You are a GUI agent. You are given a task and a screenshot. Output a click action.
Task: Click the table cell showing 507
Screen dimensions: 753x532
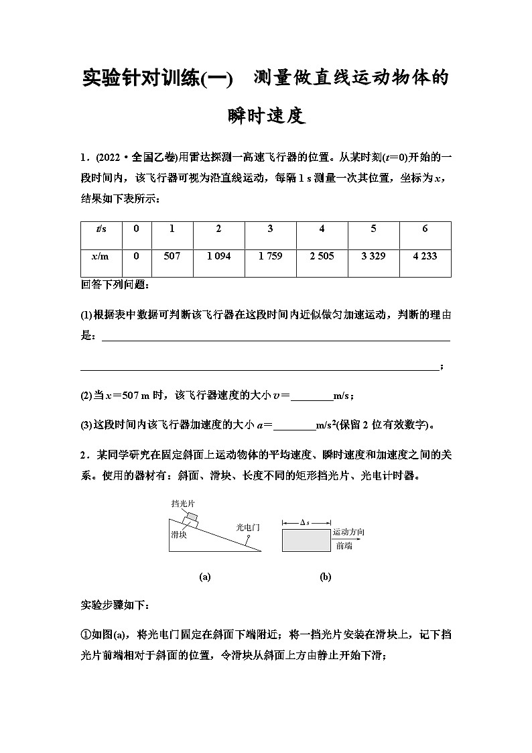point(172,256)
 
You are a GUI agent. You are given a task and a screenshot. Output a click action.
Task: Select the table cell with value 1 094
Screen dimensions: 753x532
point(218,256)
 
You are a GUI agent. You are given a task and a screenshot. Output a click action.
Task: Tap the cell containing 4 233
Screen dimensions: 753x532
point(425,256)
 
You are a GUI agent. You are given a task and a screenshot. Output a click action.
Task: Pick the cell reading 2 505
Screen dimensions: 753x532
point(322,256)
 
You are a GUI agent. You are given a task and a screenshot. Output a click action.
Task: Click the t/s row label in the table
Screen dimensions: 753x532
point(101,229)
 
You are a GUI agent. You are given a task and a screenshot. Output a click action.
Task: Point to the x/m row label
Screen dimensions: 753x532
point(101,256)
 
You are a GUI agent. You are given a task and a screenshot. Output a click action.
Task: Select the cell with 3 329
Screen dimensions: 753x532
point(373,256)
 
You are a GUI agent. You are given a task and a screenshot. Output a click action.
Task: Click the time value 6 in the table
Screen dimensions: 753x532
point(425,229)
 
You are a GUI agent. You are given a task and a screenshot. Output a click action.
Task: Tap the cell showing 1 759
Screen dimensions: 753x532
point(270,256)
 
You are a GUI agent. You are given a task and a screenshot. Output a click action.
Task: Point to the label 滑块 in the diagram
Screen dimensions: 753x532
point(178,534)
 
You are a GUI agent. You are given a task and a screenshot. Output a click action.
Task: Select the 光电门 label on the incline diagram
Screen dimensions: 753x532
point(248,527)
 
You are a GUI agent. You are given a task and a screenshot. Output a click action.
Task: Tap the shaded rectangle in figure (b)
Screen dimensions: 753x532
point(306,540)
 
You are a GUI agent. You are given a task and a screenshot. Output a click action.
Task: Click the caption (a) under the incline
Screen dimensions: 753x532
point(205,577)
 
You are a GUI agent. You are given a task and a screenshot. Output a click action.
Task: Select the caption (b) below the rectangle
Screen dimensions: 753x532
point(326,577)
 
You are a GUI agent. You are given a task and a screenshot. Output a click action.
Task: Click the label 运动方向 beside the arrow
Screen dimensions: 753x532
point(349,532)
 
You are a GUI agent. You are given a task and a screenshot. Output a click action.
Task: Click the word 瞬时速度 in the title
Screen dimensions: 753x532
point(266,117)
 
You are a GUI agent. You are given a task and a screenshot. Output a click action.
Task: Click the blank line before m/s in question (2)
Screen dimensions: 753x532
point(312,396)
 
